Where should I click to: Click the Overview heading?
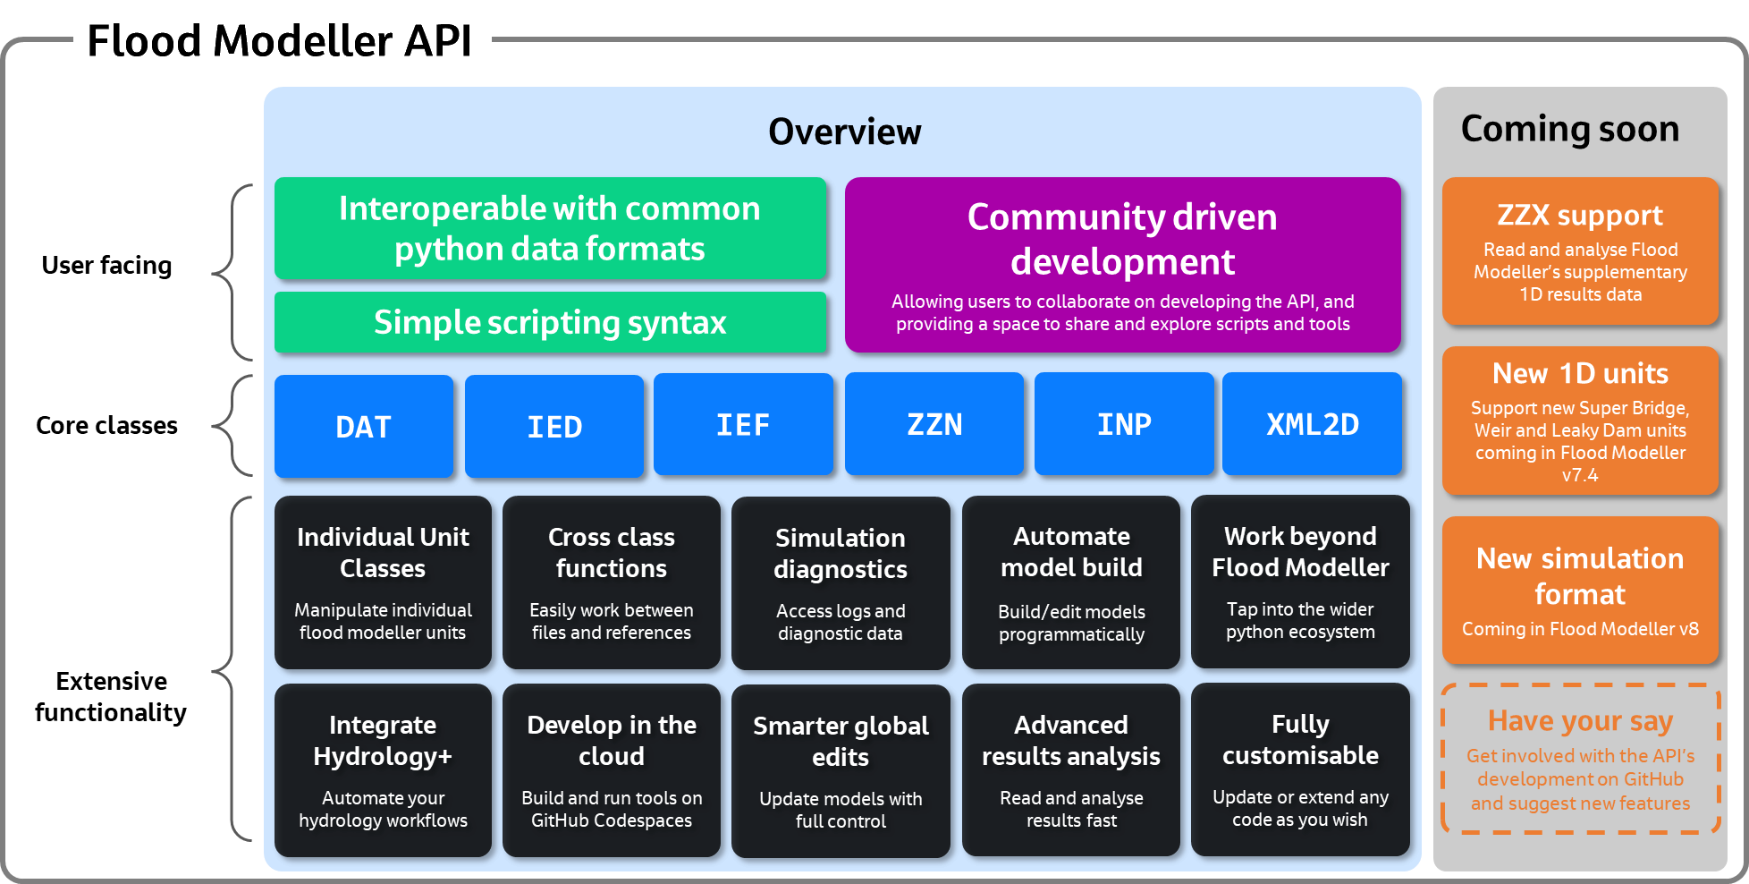coord(844,132)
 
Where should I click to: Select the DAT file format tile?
coord(363,427)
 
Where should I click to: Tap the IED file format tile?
coord(554,427)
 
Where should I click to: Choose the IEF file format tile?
coord(743,425)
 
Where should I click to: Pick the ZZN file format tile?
coord(934,424)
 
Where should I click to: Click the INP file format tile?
coord(1124,424)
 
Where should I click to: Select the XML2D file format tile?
coord(1313,424)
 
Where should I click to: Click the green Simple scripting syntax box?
coord(550,322)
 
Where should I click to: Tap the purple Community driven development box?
coord(1122,265)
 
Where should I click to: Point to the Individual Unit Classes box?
coord(383,582)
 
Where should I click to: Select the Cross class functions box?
coord(612,582)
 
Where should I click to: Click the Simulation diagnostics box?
coord(841,583)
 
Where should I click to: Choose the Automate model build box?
coord(1071,582)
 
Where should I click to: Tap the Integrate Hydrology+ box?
coord(383,770)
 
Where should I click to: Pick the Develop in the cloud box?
coord(612,770)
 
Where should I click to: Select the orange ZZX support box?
coord(1580,251)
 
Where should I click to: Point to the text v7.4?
coord(1580,475)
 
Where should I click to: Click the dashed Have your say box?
coord(1580,759)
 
